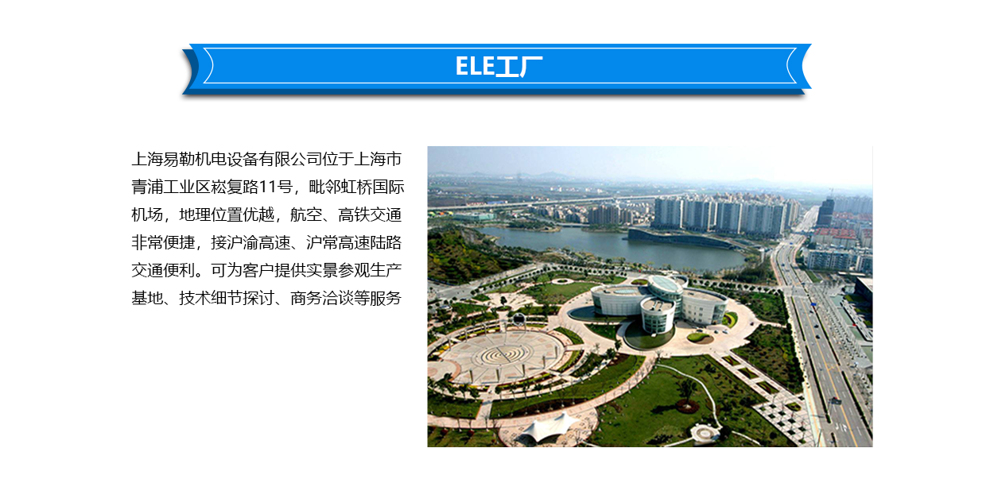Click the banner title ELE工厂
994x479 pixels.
499,67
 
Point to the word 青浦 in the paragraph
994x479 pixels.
147,187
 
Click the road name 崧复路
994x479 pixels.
235,187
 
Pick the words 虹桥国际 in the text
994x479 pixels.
372,187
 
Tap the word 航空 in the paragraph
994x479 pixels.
305,215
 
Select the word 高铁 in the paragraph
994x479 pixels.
354,215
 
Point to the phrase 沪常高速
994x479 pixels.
338,243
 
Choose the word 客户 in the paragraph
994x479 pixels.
258,270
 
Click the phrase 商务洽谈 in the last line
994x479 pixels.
322,298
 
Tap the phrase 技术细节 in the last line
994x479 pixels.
211,298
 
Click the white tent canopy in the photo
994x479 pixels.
549,427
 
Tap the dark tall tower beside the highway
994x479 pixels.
825,212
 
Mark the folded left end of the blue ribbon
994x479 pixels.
191,70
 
